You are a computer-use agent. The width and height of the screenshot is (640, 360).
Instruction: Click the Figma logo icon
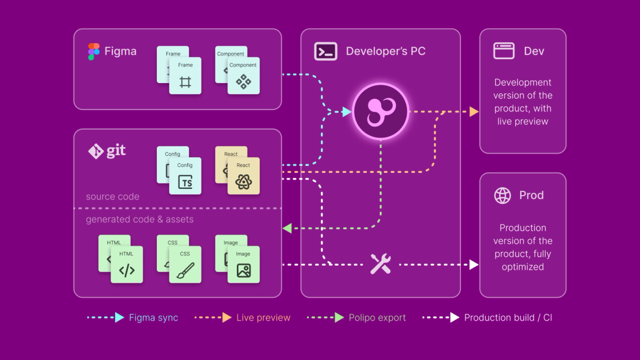click(94, 52)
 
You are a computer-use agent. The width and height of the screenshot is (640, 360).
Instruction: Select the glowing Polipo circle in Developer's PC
click(380, 111)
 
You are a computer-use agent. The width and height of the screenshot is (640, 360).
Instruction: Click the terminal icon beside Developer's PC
click(325, 51)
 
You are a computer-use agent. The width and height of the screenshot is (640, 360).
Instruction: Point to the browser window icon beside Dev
click(503, 51)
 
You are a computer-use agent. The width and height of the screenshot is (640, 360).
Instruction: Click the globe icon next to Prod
click(502, 195)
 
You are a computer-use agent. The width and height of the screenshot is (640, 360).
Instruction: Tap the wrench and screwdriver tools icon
click(381, 264)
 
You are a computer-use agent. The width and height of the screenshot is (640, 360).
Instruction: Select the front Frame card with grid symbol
click(185, 76)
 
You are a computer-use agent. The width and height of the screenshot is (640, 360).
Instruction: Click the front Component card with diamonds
click(243, 76)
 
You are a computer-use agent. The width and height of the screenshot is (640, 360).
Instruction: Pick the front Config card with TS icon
click(185, 177)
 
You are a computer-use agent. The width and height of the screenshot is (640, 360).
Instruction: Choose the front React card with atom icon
click(243, 177)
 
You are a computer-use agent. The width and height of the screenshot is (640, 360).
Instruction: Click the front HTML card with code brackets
click(127, 265)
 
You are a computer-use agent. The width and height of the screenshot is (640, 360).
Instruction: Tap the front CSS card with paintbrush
click(185, 265)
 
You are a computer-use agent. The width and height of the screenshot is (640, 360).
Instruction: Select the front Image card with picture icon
click(243, 265)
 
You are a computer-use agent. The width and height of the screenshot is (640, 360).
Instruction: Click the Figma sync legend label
click(154, 318)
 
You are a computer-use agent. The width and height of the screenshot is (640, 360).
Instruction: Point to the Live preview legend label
click(263, 318)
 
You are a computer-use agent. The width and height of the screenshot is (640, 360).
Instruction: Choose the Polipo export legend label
click(377, 318)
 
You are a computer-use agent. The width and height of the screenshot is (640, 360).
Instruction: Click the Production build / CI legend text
click(508, 318)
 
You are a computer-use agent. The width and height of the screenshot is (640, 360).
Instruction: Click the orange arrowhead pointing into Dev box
click(474, 112)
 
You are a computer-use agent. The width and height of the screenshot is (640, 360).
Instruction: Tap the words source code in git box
click(113, 197)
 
